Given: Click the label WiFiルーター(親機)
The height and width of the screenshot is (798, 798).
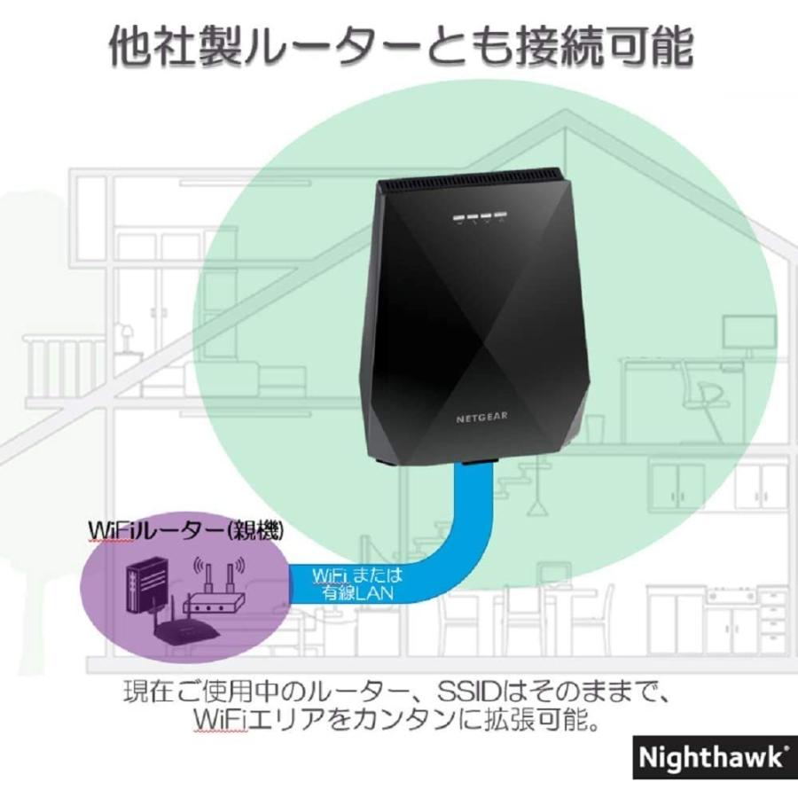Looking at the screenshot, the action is pos(185,531).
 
